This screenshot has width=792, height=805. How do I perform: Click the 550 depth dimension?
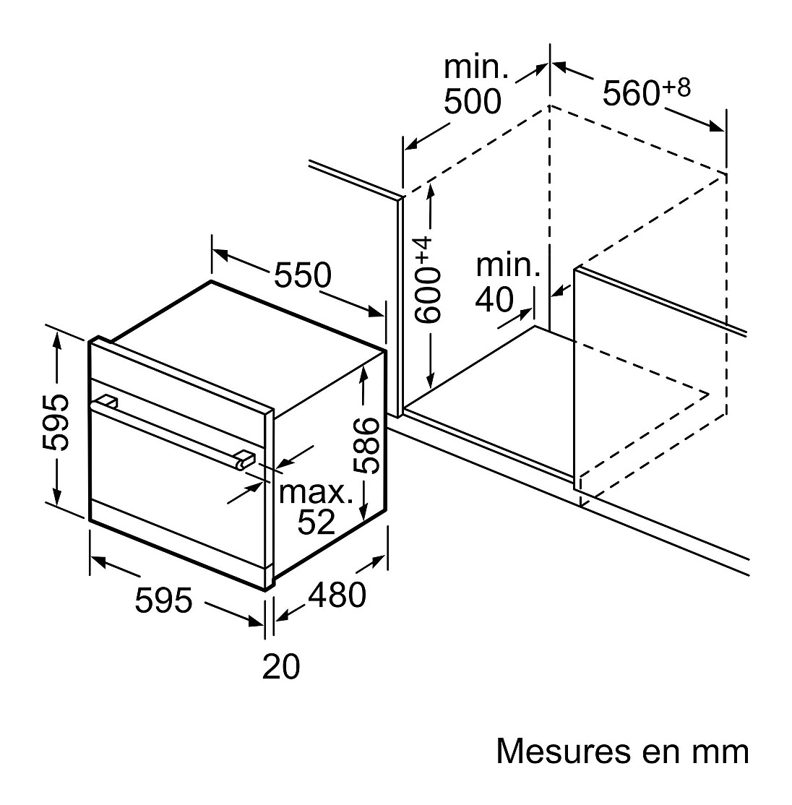pyautogui.click(x=303, y=275)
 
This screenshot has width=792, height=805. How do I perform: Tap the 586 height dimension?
pyautogui.click(x=371, y=444)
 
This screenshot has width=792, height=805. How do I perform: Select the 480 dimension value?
pyautogui.click(x=337, y=595)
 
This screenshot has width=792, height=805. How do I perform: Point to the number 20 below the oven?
pyautogui.click(x=280, y=666)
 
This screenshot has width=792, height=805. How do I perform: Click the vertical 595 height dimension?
pyautogui.click(x=56, y=423)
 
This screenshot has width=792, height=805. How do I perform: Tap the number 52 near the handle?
pyautogui.click(x=317, y=522)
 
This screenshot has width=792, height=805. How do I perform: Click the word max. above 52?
pyautogui.click(x=317, y=493)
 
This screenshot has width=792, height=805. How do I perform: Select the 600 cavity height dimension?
pyautogui.click(x=427, y=293)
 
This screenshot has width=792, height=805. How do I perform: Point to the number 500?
pyautogui.click(x=472, y=102)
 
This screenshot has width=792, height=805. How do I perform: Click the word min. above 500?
pyautogui.click(x=476, y=68)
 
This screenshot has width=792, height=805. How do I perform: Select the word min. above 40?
pyautogui.click(x=508, y=267)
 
